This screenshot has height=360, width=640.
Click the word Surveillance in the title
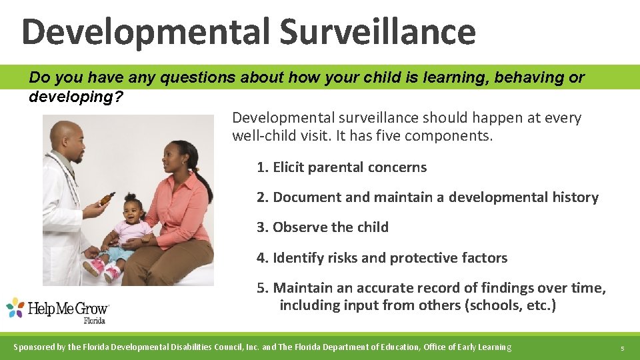click(x=377, y=31)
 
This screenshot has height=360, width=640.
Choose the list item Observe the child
click(x=323, y=227)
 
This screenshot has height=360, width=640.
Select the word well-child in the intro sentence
click(x=263, y=137)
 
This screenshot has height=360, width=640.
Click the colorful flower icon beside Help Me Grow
click(x=15, y=307)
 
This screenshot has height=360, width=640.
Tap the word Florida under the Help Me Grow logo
click(x=94, y=321)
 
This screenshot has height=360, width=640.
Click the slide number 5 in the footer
click(x=621, y=348)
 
